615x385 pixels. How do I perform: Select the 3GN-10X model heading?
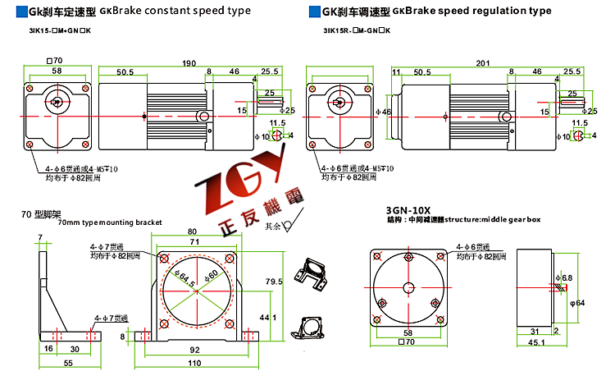click(408, 209)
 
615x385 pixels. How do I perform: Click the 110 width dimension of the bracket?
click(194, 363)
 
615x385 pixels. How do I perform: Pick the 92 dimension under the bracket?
click(194, 350)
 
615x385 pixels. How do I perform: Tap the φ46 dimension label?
click(385, 111)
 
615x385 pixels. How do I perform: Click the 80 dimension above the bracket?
click(193, 231)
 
